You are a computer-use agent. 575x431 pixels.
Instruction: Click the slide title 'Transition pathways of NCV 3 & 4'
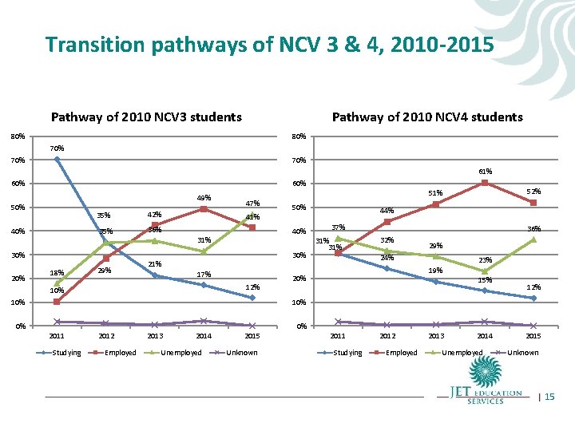[x=270, y=45]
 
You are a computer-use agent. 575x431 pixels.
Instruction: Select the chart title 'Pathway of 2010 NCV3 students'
[x=146, y=117]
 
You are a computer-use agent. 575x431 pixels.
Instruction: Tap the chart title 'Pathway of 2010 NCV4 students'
[x=427, y=117]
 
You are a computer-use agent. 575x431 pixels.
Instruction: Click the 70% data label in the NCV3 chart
[x=57, y=148]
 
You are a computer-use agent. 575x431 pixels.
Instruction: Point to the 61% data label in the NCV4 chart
[x=486, y=171]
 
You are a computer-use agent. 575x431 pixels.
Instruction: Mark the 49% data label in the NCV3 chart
[x=204, y=198]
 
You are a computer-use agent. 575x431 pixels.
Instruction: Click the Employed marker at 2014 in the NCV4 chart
[x=485, y=183]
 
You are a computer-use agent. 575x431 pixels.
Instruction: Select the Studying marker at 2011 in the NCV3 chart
[x=57, y=160]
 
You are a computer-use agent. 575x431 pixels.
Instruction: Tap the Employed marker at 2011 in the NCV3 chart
[x=57, y=302]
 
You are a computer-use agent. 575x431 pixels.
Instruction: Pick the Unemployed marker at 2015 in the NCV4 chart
[x=533, y=239]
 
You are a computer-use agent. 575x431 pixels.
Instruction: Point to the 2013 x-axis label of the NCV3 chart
[x=155, y=336]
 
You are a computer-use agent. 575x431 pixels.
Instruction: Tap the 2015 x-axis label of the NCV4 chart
[x=533, y=336]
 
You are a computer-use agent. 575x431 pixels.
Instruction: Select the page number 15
[x=549, y=397]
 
